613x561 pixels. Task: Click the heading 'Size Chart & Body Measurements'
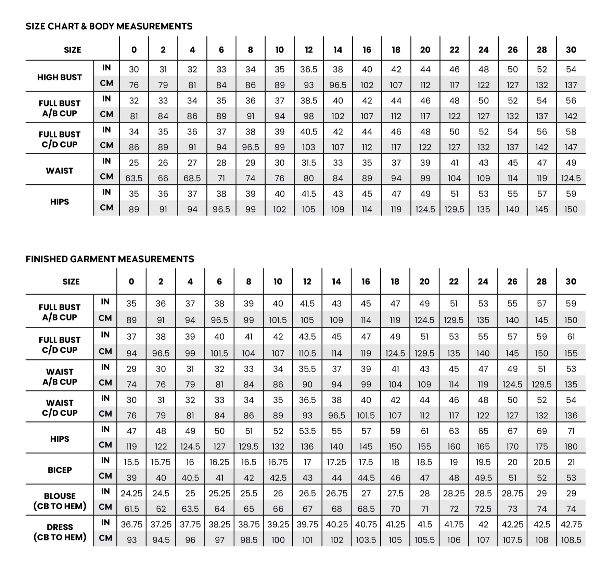coord(109,26)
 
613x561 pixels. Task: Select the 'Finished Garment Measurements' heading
coord(110,259)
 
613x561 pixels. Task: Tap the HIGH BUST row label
coord(60,77)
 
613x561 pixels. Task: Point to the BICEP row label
coord(60,470)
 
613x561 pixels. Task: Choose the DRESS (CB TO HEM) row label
coord(60,532)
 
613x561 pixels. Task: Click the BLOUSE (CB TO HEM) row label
coord(60,501)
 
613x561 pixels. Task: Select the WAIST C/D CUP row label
coord(60,408)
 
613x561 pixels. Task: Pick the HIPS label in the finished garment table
coord(60,439)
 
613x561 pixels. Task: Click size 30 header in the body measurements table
coord(571,50)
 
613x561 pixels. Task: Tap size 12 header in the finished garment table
coord(307,282)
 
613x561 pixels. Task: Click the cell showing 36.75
coord(131,524)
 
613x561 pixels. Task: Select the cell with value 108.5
coord(571,540)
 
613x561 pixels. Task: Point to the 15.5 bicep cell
coord(131,462)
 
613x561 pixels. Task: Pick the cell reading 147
coord(571,147)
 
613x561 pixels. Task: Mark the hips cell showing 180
coord(571,446)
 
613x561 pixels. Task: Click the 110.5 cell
coord(307,353)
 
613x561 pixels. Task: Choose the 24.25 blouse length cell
coord(131,493)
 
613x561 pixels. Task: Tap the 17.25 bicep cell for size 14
coord(336,462)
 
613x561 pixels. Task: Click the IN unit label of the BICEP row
coord(105,460)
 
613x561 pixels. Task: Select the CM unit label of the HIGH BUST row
coord(106,83)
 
